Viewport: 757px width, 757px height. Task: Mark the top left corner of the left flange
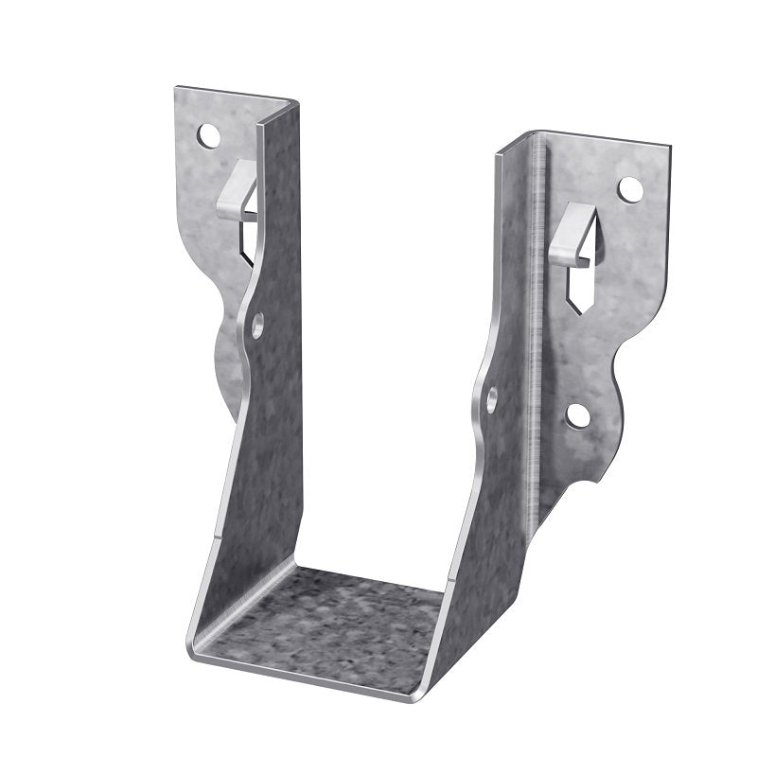pyautogui.click(x=177, y=90)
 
